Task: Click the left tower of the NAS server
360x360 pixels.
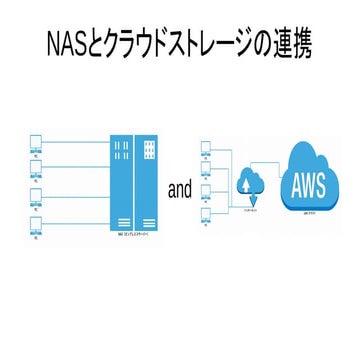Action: point(121,185)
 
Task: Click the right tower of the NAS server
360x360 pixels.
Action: point(147,185)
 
